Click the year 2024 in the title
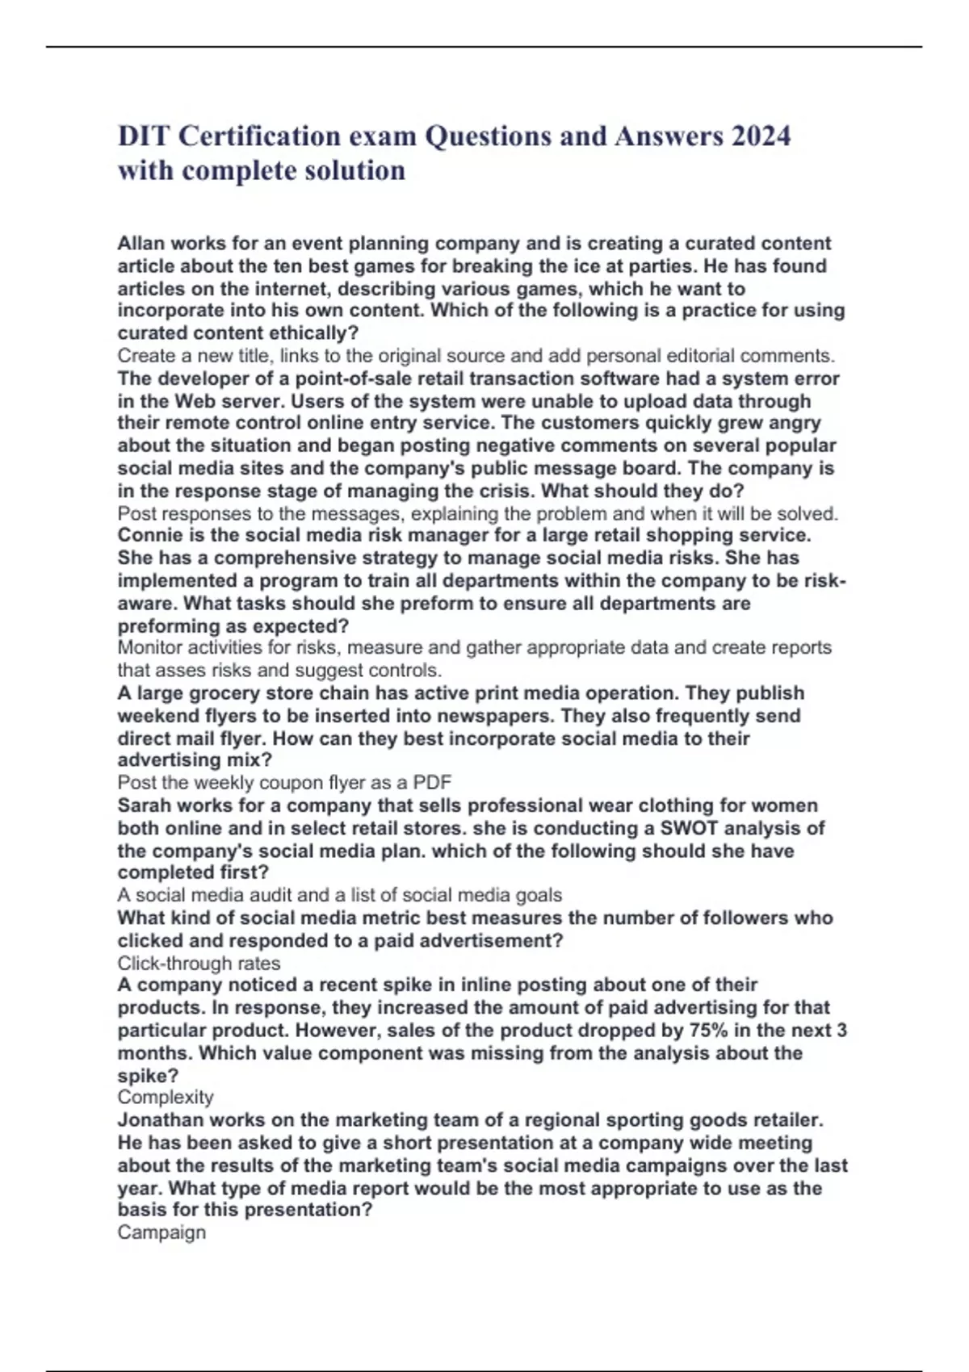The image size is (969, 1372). click(761, 136)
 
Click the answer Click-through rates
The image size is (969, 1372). click(199, 963)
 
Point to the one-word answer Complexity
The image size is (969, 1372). click(166, 1097)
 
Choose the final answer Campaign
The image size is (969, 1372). click(161, 1232)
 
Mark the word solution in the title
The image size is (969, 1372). click(355, 170)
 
